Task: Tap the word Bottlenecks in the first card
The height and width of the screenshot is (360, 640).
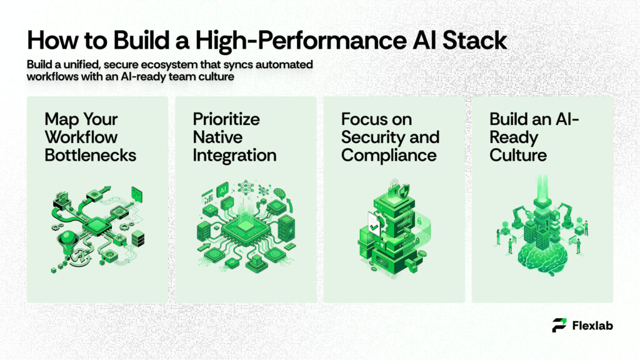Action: [x=90, y=155]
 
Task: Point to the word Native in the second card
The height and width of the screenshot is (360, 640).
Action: [x=216, y=137]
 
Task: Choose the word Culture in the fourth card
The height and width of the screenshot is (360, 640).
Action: [x=518, y=155]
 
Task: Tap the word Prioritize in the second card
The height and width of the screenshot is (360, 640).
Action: [x=226, y=119]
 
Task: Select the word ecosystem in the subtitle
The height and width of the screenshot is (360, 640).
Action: [x=196, y=65]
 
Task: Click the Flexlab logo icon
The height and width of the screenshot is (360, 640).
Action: [x=560, y=325]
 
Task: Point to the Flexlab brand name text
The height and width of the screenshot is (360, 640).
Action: [x=592, y=325]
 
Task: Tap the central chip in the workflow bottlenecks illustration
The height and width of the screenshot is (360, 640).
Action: [x=96, y=226]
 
